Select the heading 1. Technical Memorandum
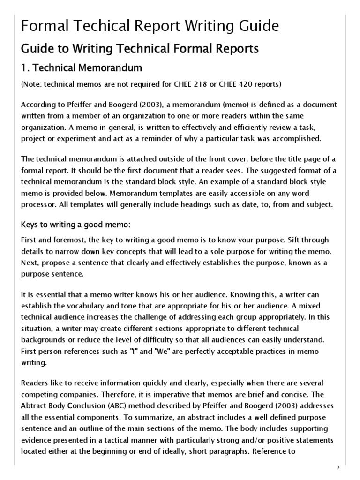(82, 68)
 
